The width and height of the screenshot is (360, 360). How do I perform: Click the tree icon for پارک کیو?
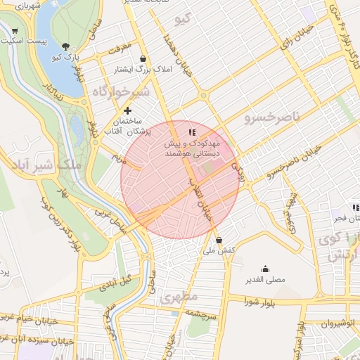pyautogui.click(x=66, y=46)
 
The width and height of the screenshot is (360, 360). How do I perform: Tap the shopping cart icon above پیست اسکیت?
pyautogui.click(x=15, y=31)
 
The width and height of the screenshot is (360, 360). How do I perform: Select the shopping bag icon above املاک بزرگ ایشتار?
pyautogui.click(x=143, y=59)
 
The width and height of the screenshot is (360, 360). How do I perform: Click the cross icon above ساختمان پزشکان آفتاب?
pyautogui.click(x=127, y=110)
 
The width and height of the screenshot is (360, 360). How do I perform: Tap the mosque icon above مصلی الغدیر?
pyautogui.click(x=265, y=269)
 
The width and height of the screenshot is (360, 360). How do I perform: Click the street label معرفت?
pyautogui.click(x=119, y=49)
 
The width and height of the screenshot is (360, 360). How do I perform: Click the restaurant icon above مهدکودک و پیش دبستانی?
pyautogui.click(x=191, y=133)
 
